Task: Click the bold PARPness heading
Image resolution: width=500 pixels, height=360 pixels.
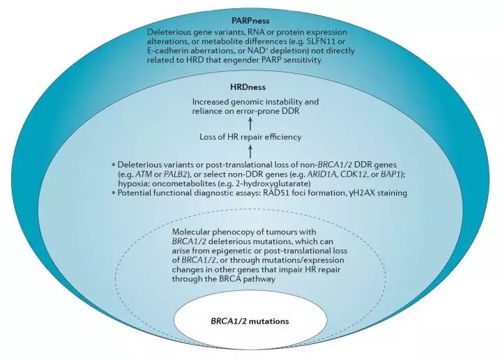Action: coord(250,22)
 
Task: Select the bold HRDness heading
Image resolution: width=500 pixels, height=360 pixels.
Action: coord(249,87)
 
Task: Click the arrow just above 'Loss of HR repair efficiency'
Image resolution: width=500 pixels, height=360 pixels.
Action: coord(250,122)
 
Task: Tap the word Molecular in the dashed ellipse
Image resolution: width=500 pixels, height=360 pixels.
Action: coord(192,231)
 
